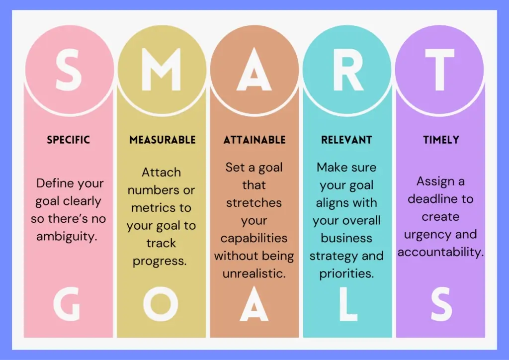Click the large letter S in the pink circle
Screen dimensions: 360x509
coord(69,70)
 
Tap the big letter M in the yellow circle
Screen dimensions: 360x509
coord(161,70)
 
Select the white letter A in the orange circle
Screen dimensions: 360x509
coord(254,70)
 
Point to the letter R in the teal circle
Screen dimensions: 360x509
coord(347,70)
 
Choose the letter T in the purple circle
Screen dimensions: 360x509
coord(440,70)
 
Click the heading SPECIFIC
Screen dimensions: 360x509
coord(69,140)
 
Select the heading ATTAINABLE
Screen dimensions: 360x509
coord(254,140)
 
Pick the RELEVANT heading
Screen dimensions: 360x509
coord(347,140)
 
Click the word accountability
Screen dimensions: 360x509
coord(440,253)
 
